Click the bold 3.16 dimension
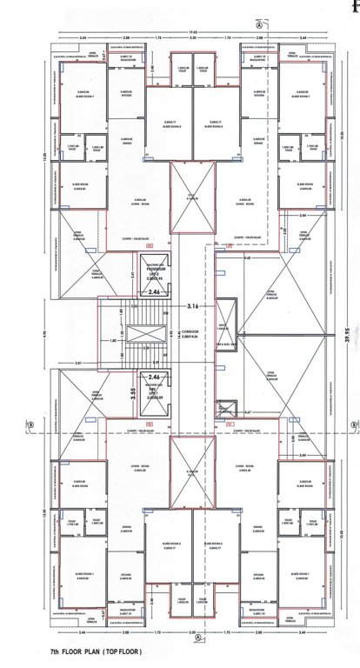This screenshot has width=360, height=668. click(x=193, y=306)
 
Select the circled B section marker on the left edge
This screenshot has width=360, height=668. click(x=29, y=424)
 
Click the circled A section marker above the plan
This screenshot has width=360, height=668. click(x=258, y=25)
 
